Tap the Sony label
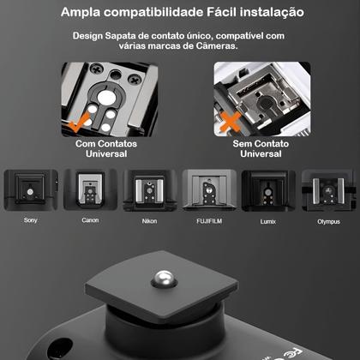pos(30,220)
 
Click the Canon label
pos(89,220)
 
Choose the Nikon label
pos(148,220)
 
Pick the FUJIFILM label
pos(208,220)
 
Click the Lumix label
pos(268,220)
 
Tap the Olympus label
pos(327,220)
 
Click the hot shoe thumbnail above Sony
pos(30,190)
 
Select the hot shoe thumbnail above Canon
pos(89,190)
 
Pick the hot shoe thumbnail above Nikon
pos(149,190)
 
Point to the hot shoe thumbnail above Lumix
pos(268,190)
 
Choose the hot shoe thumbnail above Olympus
pos(327,190)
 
